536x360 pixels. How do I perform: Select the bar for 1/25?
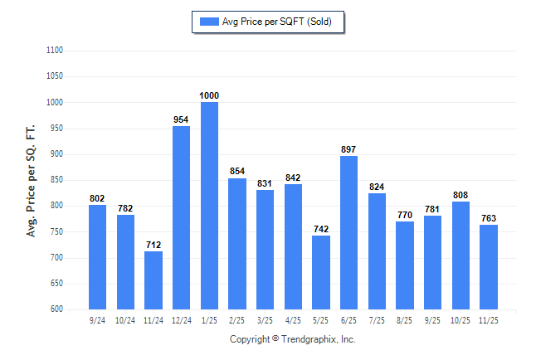(209, 206)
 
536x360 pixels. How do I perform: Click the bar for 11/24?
(153, 280)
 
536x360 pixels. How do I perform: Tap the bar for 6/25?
(348, 232)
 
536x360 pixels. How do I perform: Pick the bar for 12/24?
(181, 217)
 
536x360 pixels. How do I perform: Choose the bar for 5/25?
(320, 272)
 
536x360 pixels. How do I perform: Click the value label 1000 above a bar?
(209, 96)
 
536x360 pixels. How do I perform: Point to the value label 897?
(348, 149)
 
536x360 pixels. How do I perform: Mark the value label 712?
(153, 245)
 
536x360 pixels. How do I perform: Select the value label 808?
(460, 196)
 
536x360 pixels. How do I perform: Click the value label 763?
(488, 219)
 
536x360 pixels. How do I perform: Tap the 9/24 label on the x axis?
(98, 319)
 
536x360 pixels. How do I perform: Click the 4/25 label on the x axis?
(293, 319)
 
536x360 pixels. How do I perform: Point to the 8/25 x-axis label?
(404, 319)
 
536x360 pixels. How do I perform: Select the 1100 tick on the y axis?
(56, 51)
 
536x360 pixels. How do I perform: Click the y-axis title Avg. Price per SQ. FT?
(32, 180)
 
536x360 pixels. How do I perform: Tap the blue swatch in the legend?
(208, 22)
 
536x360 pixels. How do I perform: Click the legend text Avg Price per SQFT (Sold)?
(277, 22)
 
